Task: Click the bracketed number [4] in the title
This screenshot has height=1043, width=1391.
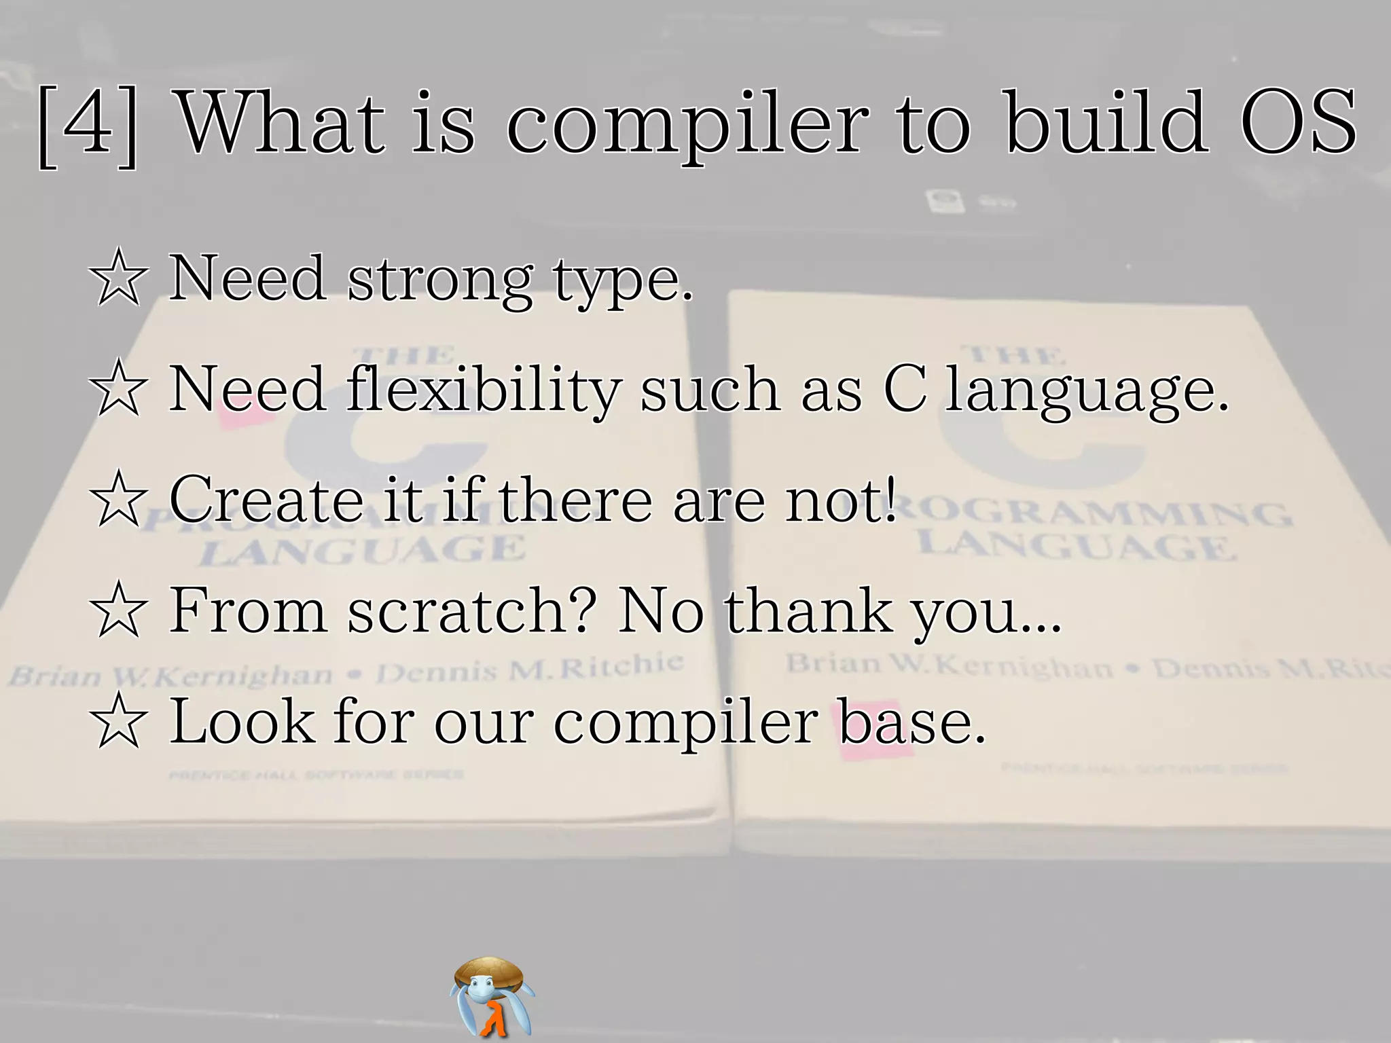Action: point(88,126)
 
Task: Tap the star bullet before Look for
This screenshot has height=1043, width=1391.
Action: point(118,721)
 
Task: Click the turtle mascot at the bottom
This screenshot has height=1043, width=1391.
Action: point(492,995)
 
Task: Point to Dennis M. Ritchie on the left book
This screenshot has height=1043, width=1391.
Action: point(530,668)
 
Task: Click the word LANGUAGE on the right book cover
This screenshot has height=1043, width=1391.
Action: point(1077,547)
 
